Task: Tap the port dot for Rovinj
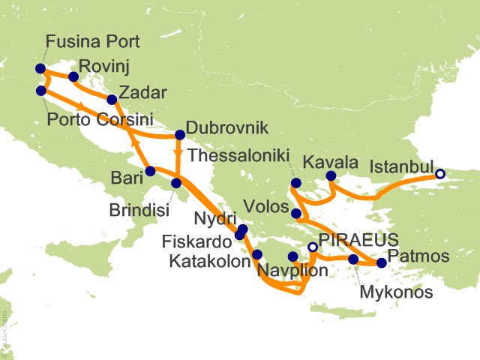(x=73, y=76)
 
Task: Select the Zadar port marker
(x=112, y=99)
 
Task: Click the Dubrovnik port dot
(x=179, y=136)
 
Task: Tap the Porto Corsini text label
(x=100, y=120)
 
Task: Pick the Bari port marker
(x=150, y=171)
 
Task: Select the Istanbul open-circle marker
(x=440, y=175)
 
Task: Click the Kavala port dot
(x=329, y=177)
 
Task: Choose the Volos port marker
(x=297, y=214)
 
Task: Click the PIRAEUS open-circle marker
(x=313, y=247)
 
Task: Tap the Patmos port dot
(x=381, y=263)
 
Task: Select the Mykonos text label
(x=396, y=292)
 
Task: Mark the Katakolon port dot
(x=257, y=254)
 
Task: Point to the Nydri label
(x=213, y=219)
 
